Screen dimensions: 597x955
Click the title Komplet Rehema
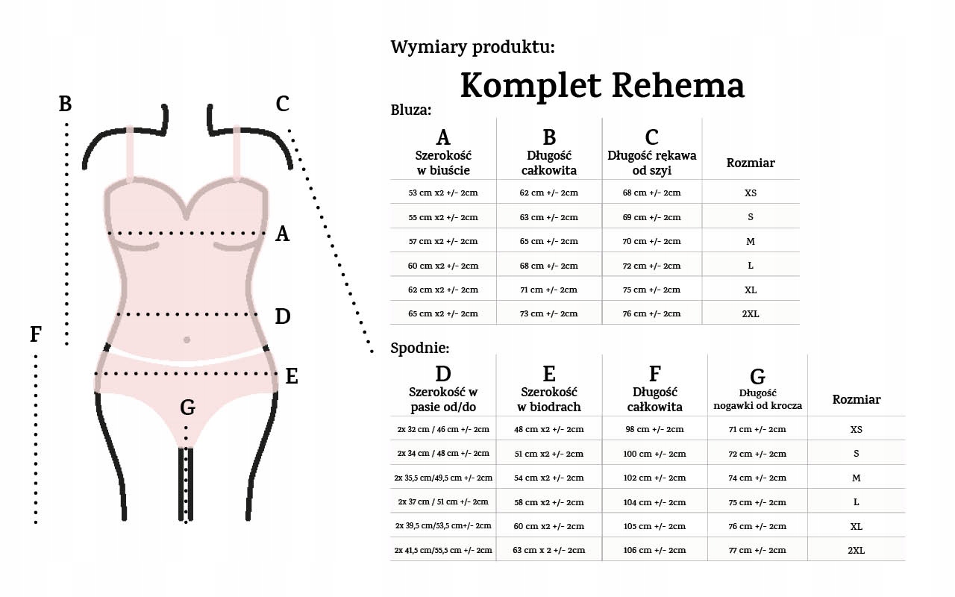tap(602, 85)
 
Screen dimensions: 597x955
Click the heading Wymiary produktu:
tap(472, 48)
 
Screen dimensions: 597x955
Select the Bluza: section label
tap(411, 110)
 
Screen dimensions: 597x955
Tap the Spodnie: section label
tap(420, 348)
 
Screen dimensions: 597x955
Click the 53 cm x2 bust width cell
tap(443, 193)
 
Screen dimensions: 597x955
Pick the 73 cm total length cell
tap(548, 313)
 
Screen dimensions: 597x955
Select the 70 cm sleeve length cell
tap(651, 241)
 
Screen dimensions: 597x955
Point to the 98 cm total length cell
tap(654, 429)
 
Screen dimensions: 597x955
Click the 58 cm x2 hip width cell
tap(548, 502)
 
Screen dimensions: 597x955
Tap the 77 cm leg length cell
tap(757, 550)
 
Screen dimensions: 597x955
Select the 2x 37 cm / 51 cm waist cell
tap(443, 502)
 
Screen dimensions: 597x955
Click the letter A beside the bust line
tap(282, 234)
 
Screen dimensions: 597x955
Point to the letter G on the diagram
tap(188, 407)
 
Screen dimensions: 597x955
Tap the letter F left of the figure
tap(35, 335)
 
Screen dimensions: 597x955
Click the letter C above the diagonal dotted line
tap(282, 104)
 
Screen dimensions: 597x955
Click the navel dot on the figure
tap(187, 340)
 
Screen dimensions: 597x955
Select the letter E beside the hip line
tap(292, 377)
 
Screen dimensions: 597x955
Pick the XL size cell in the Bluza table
tap(750, 290)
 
